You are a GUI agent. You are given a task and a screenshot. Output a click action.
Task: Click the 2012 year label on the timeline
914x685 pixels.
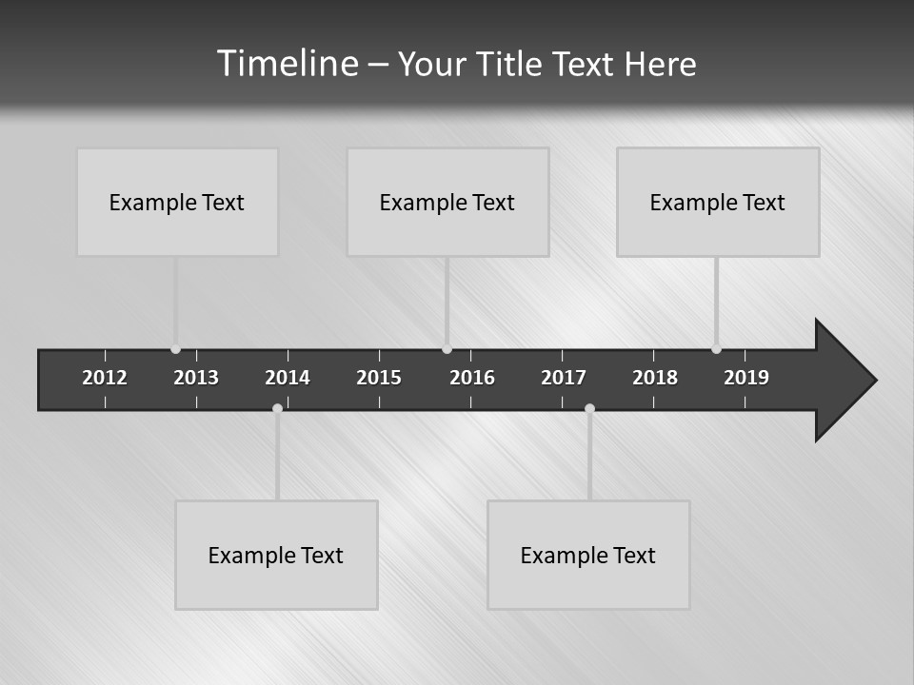(105, 378)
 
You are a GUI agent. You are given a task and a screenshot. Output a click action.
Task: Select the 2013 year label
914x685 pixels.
(196, 378)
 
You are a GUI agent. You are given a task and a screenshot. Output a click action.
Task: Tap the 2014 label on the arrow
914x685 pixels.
(288, 378)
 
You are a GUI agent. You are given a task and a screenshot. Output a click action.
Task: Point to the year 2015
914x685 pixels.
(379, 378)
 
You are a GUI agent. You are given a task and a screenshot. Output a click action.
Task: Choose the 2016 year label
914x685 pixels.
(472, 378)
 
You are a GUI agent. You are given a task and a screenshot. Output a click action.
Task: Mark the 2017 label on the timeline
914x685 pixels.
(564, 378)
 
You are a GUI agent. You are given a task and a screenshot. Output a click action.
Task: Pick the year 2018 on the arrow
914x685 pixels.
(655, 378)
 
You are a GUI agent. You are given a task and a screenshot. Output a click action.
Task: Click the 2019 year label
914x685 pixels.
(746, 378)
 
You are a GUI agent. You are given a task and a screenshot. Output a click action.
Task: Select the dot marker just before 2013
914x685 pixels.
(175, 349)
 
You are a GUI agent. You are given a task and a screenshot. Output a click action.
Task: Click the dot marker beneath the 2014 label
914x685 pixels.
(277, 408)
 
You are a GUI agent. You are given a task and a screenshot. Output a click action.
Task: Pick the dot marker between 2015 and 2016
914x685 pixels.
(447, 349)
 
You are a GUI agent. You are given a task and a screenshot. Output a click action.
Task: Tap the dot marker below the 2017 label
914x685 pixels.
(589, 408)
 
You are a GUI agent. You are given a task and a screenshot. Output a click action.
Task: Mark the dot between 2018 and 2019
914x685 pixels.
(716, 349)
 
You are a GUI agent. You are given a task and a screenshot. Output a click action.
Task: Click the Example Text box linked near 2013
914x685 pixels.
(177, 202)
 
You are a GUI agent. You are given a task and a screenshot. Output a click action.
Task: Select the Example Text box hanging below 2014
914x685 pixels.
(276, 555)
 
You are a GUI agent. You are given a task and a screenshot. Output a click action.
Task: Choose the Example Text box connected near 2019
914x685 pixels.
(718, 202)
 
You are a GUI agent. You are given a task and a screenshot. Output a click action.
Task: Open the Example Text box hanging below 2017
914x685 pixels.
(588, 555)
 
